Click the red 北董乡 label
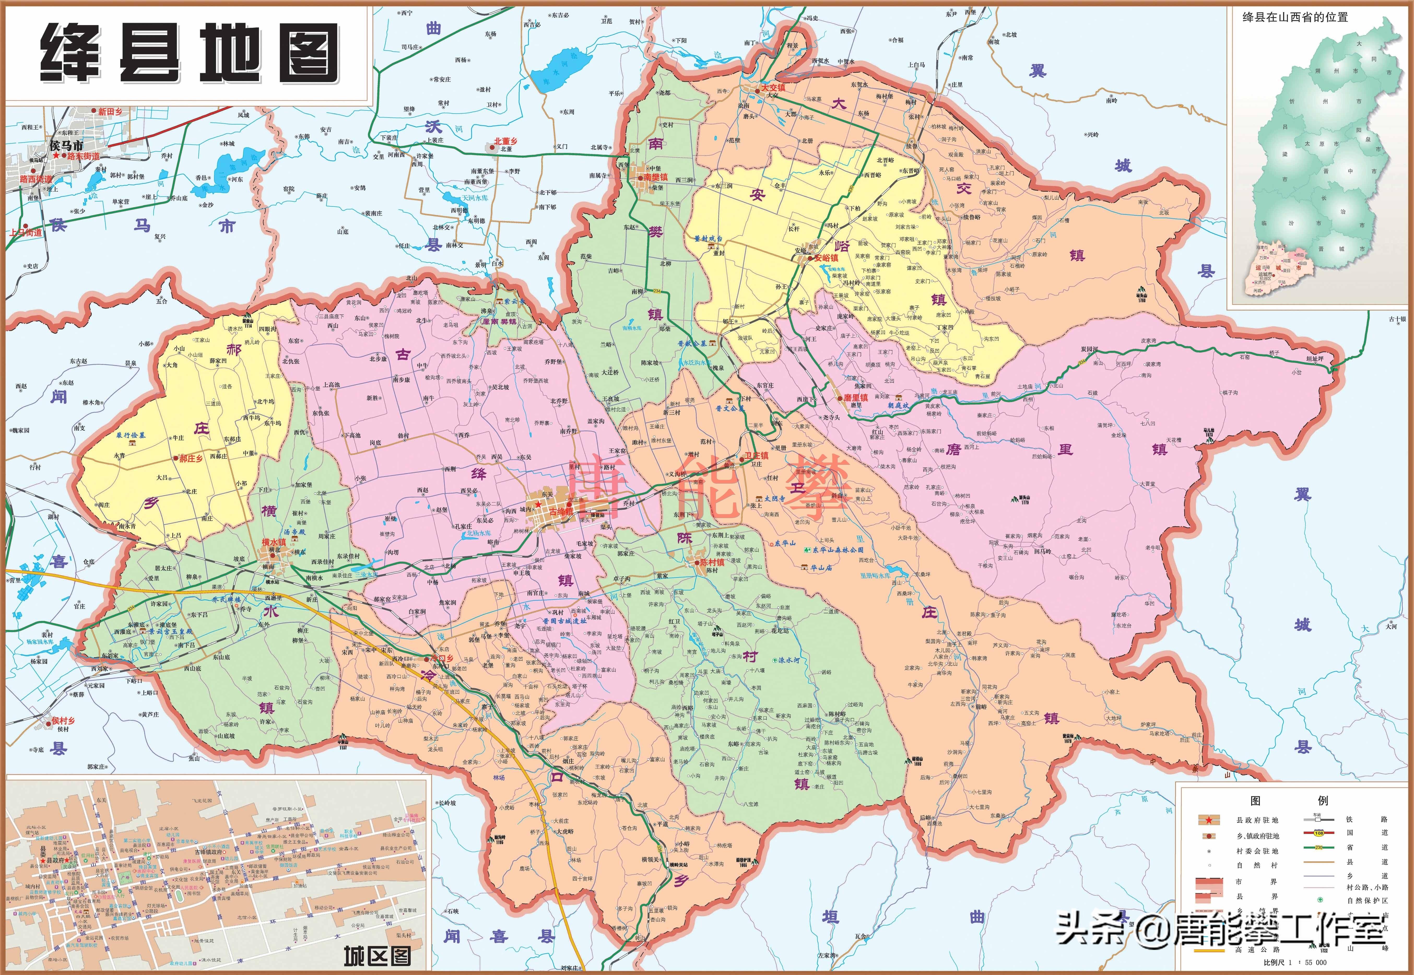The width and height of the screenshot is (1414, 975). click(506, 141)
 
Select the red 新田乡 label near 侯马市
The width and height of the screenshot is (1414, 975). click(110, 112)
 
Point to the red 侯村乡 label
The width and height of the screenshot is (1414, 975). click(63, 721)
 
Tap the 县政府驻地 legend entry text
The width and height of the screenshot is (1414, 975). click(1258, 820)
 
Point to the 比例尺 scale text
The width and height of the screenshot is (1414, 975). click(1275, 962)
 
